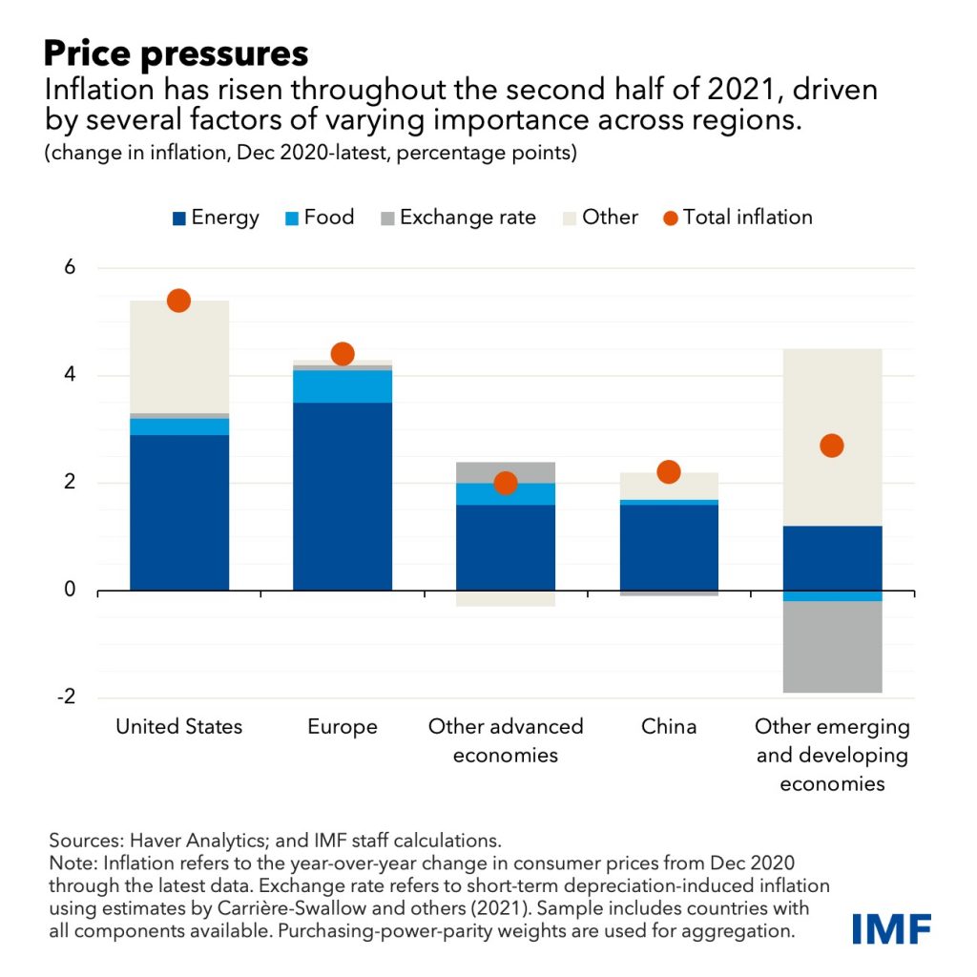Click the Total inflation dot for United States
[x=178, y=301]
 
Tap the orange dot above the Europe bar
[x=342, y=354]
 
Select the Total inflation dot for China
[x=668, y=471]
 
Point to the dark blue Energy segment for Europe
[x=342, y=496]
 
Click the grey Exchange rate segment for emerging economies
[x=832, y=647]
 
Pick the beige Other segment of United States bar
[x=178, y=358]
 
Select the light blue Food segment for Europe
[x=342, y=386]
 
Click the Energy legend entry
[x=215, y=218]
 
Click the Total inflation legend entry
[x=737, y=218]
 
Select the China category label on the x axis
[x=668, y=727]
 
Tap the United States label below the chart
[x=178, y=727]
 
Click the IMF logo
[x=891, y=928]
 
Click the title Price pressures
[x=176, y=52]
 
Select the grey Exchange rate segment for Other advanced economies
[x=505, y=472]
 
